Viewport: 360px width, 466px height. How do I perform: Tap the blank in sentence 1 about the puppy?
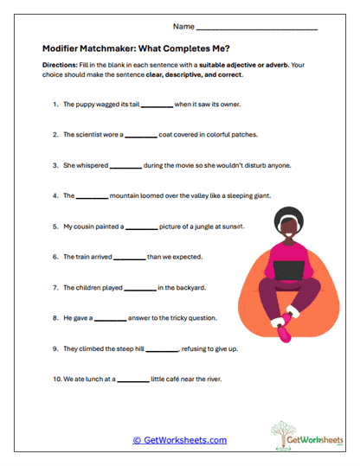pyautogui.click(x=157, y=105)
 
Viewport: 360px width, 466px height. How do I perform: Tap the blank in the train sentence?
pyautogui.click(x=130, y=257)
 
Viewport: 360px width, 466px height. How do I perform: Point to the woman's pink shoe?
pyautogui.click(x=282, y=329)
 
